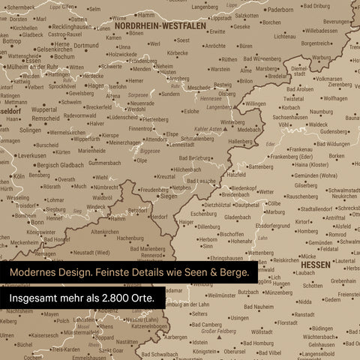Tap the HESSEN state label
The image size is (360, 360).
coord(315,265)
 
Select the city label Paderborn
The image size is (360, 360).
coord(280,10)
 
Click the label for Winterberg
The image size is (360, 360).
coord(232,122)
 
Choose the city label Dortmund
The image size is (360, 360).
coord(85,46)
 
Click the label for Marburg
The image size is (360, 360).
coord(275,212)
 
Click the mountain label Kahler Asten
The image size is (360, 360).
coord(209,129)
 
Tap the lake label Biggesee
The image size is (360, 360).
coord(150,150)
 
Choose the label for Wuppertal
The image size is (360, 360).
coord(44,109)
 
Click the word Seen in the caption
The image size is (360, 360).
coord(187,271)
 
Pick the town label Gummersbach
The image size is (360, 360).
coord(104,162)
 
